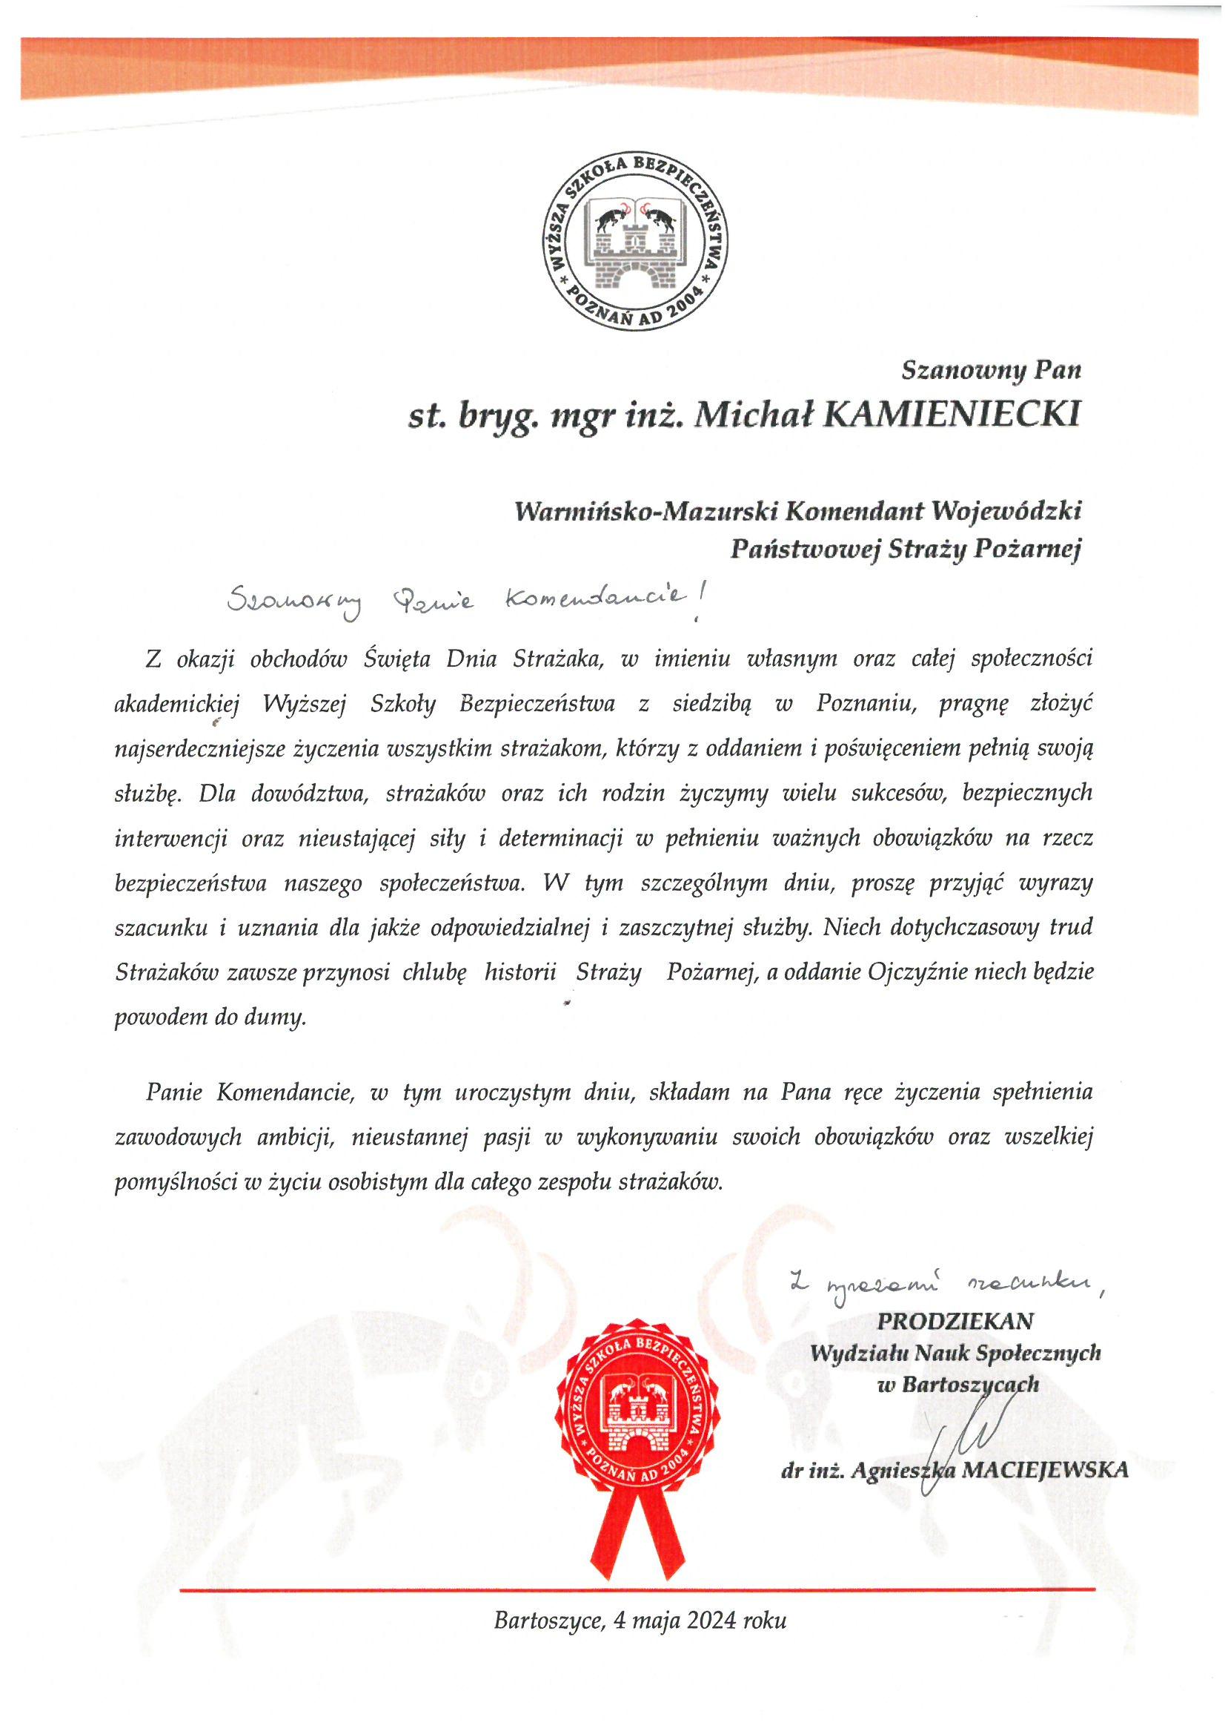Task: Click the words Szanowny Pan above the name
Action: (991, 370)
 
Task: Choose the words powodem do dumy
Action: (210, 1018)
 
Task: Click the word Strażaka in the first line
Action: (557, 659)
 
